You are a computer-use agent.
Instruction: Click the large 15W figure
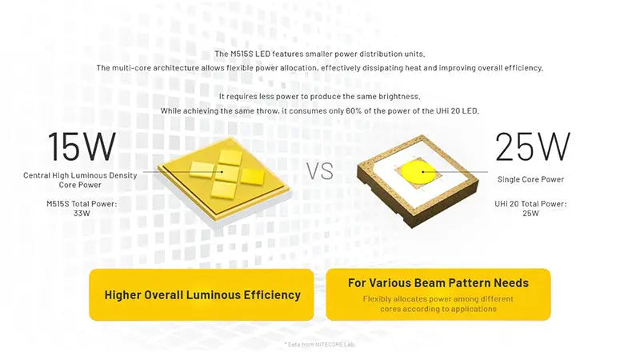coord(82,146)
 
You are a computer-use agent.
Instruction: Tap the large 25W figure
coord(532,146)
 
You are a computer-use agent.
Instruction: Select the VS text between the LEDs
coord(320,171)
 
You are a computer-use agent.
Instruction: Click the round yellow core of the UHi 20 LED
coord(417,171)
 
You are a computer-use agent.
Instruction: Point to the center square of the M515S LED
coord(228,173)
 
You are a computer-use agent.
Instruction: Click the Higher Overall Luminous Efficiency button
coord(202,294)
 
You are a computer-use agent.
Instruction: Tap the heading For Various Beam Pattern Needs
coord(438,283)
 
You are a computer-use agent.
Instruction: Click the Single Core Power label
coord(530,179)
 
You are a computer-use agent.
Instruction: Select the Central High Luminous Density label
coord(80,175)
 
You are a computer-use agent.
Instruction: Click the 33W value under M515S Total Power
coord(82,213)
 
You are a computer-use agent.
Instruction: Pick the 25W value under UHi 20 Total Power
coord(530,213)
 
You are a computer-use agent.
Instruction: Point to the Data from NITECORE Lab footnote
coord(319,345)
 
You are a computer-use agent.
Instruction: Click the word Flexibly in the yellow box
coord(376,298)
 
